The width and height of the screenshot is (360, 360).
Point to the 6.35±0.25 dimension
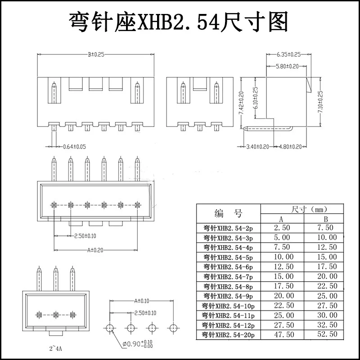coord(288,54)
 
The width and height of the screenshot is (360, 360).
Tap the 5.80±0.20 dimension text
coord(287,66)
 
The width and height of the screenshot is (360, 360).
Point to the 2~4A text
coord(56,348)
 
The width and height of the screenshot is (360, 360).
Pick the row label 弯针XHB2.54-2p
coord(228,228)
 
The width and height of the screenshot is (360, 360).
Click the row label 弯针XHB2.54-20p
coord(228,335)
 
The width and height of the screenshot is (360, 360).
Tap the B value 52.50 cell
coord(327,335)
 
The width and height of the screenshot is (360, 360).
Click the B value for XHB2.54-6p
coord(327,267)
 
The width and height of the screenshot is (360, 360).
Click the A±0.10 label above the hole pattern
coord(142,301)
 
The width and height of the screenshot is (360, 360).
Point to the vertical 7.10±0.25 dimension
coord(320,102)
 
